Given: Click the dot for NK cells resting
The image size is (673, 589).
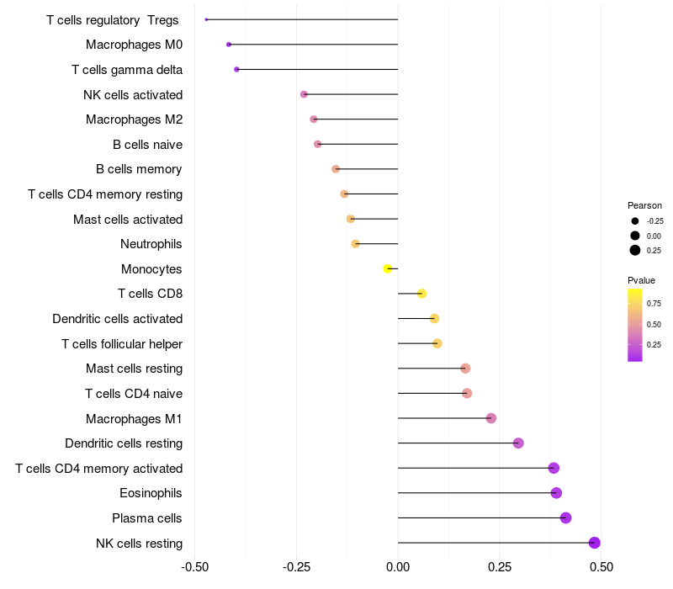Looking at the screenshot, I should [595, 543].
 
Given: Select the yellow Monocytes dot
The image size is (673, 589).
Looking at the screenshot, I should [388, 268].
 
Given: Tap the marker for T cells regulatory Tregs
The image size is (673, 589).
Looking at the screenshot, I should [206, 19].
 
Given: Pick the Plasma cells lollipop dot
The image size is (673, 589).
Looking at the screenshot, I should [566, 517].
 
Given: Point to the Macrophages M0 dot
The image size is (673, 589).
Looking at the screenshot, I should [229, 45].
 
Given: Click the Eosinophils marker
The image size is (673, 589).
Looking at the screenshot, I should [556, 493].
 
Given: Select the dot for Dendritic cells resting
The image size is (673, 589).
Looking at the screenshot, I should [518, 443].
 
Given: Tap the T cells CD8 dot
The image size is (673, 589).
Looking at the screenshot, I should [421, 294].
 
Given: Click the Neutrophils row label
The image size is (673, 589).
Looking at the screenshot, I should [151, 244].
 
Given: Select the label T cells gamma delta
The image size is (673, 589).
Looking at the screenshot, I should [127, 70].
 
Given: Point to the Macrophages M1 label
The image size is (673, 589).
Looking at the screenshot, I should [134, 418].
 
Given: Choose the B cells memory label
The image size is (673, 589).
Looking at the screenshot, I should [139, 169].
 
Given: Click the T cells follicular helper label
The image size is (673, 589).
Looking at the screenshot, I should [122, 343].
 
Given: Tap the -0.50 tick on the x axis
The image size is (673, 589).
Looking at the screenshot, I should [194, 567].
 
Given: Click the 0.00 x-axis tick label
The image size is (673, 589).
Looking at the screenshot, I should [398, 567].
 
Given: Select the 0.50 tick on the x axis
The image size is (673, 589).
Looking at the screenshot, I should [601, 567].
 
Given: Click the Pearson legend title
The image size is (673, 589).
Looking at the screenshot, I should [644, 205].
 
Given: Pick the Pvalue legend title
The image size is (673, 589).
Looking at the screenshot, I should [641, 280].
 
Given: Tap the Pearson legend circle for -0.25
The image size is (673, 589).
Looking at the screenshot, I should [635, 221].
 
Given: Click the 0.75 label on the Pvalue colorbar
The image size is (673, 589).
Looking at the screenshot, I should [654, 304].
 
